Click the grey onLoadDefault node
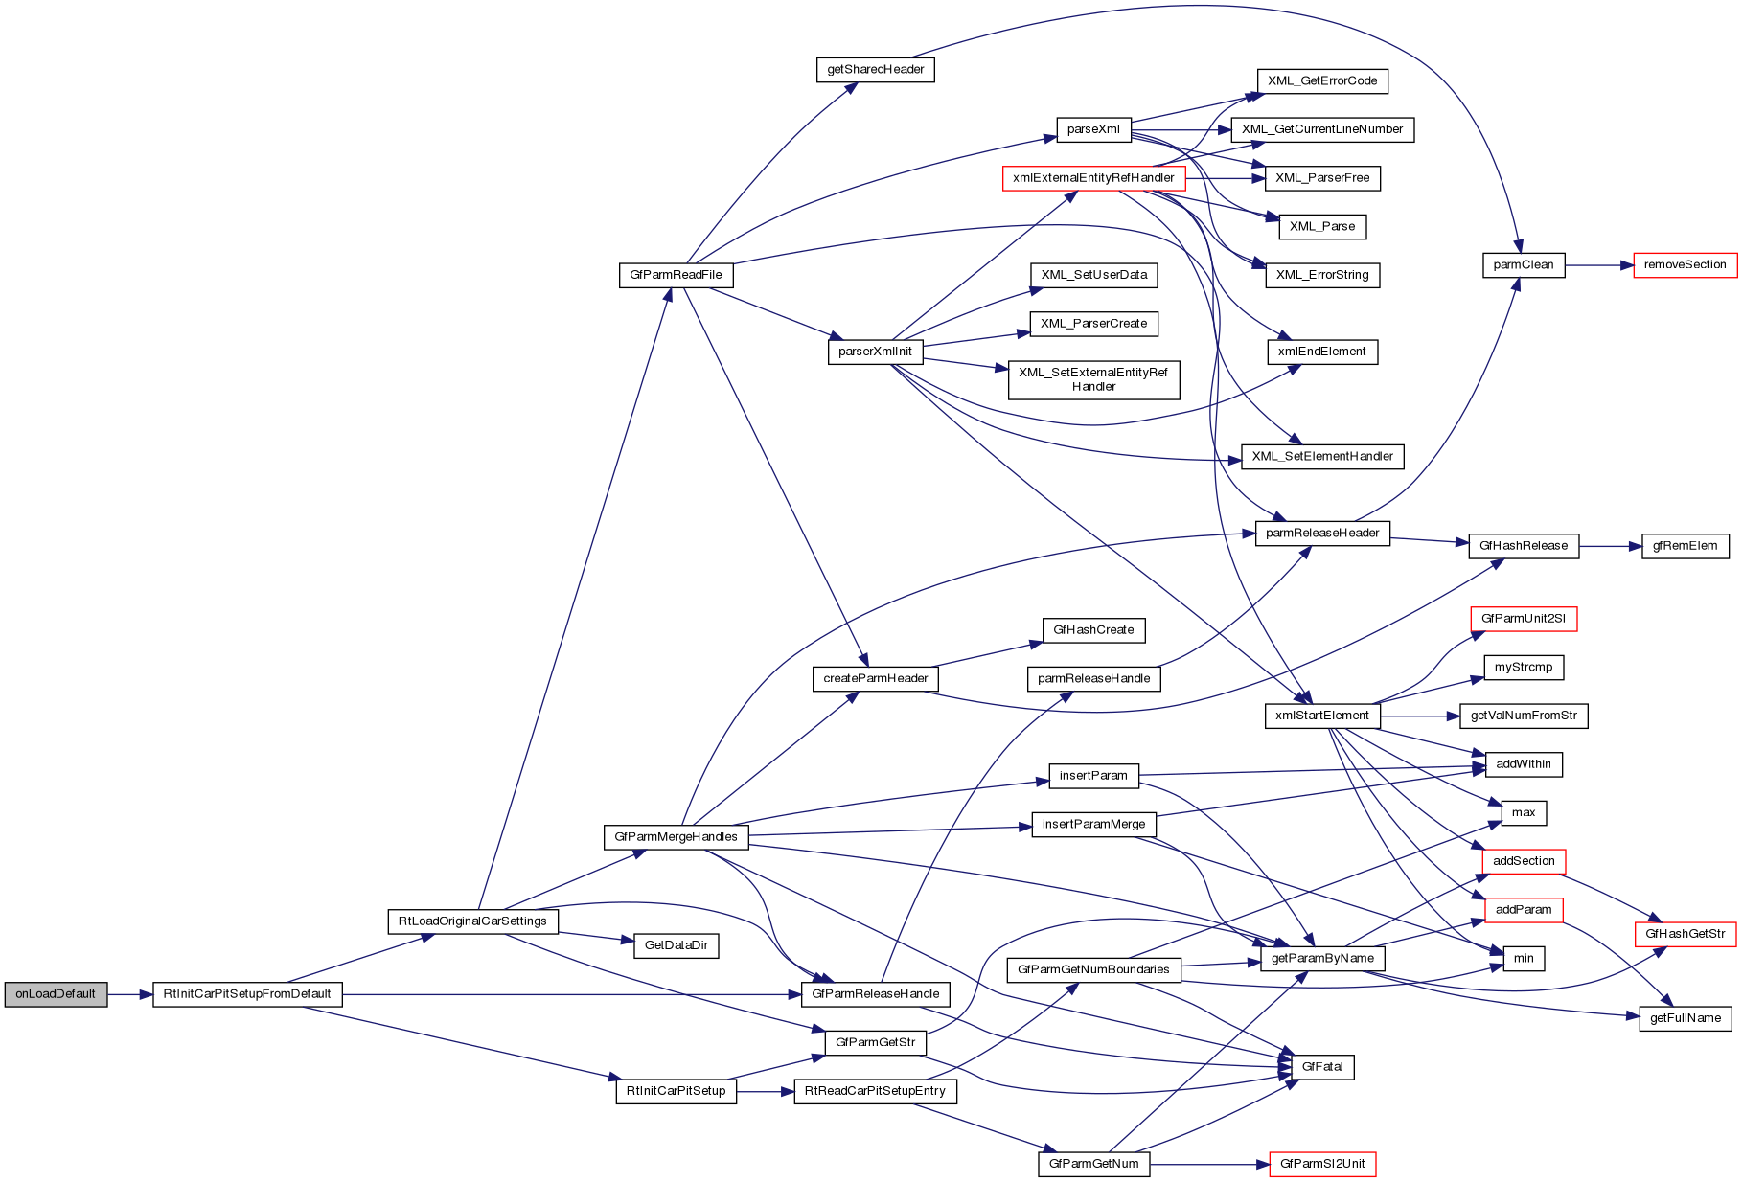56,994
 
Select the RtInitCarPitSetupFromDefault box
247,994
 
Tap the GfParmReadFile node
676,275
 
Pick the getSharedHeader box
875,70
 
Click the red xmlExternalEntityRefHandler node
1093,178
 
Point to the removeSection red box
1685,265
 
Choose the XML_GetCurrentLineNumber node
1321,129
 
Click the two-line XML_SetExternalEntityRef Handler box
1093,379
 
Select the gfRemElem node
1685,546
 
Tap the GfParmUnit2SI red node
1523,619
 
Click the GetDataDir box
676,945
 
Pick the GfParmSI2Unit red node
1321,1164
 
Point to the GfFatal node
1321,1067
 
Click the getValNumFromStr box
1523,716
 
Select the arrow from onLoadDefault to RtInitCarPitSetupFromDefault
129,994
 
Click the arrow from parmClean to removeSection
1598,265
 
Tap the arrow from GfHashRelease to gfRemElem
1610,546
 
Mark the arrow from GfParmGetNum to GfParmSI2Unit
1208,1164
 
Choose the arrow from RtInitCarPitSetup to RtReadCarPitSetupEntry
765,1091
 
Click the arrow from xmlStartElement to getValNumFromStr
1419,716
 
